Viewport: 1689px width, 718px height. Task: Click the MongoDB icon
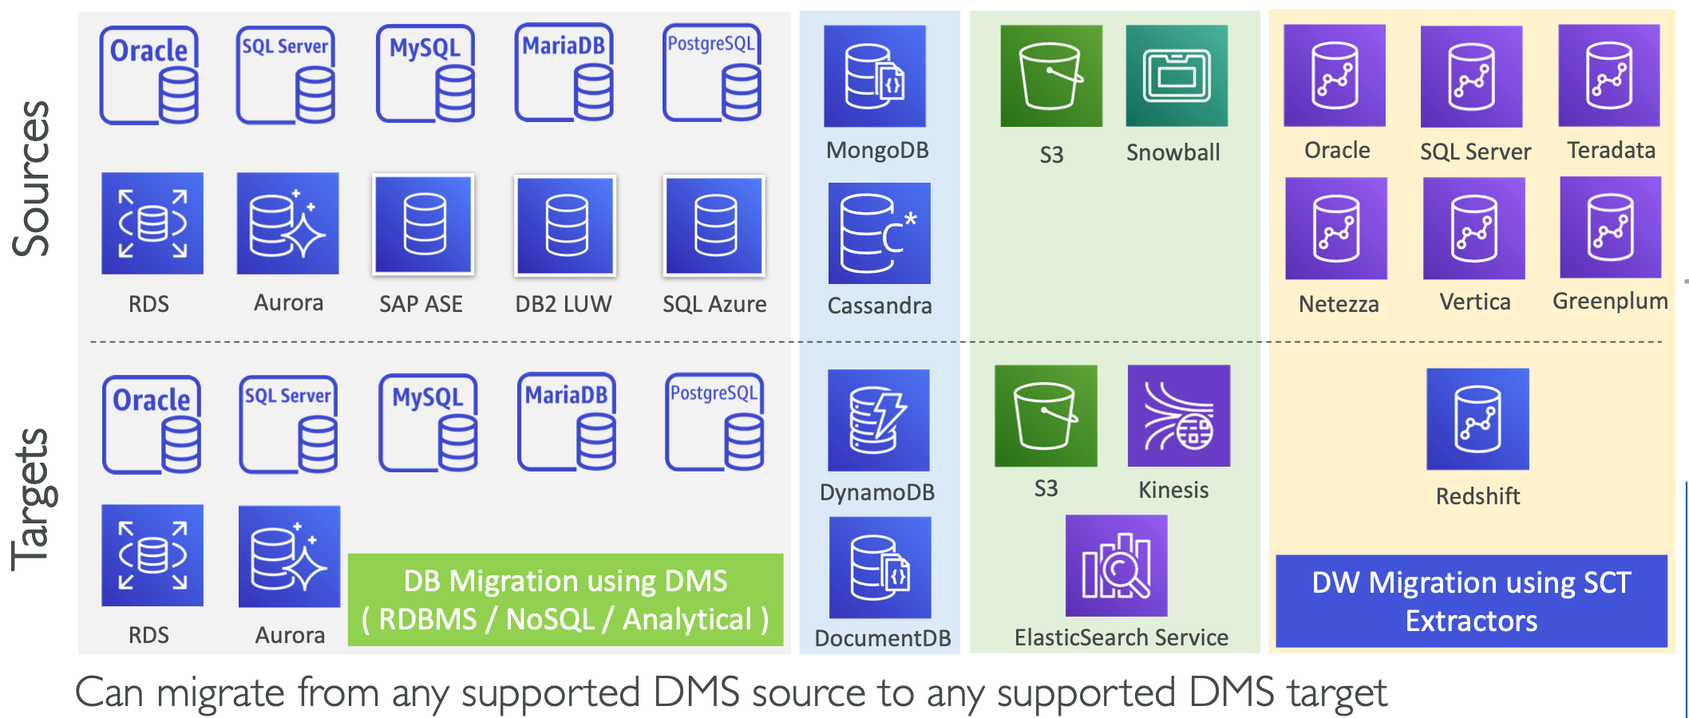(875, 77)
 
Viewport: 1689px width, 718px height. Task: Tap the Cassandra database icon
(879, 233)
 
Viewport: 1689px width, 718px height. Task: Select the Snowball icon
(1177, 76)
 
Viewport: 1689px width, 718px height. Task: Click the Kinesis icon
(1178, 416)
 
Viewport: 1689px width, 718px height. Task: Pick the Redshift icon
(1477, 419)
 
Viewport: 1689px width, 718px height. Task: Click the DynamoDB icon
(878, 420)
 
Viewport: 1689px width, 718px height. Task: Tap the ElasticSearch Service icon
(1116, 566)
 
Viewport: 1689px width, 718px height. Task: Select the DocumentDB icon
(880, 567)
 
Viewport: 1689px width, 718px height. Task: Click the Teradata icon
(1608, 76)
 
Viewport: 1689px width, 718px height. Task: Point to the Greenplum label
(1610, 302)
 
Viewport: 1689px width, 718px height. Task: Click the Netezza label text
(1339, 304)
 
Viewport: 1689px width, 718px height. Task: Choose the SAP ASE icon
(423, 225)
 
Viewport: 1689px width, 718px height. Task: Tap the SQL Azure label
(714, 304)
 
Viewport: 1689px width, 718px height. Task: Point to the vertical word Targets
(32, 499)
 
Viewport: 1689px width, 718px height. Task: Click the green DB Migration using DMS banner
(565, 600)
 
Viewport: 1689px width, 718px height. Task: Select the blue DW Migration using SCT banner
(1471, 602)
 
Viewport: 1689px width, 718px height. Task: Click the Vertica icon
(1473, 228)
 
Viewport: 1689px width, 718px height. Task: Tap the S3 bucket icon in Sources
(1051, 76)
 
